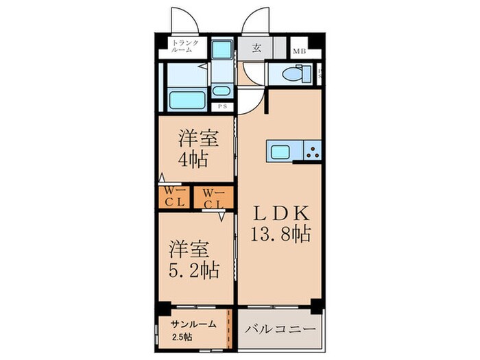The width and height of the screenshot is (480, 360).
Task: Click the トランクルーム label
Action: [185, 47]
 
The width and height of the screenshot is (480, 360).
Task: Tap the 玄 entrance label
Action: [256, 49]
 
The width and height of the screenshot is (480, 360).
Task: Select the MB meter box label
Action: [300, 51]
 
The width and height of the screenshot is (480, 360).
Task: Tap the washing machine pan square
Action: [221, 51]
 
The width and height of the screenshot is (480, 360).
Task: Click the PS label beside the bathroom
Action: [221, 106]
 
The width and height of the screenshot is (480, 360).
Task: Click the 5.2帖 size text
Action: [194, 269]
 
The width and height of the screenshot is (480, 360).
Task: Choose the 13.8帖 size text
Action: [280, 234]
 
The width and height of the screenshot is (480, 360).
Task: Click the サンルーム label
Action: [194, 324]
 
